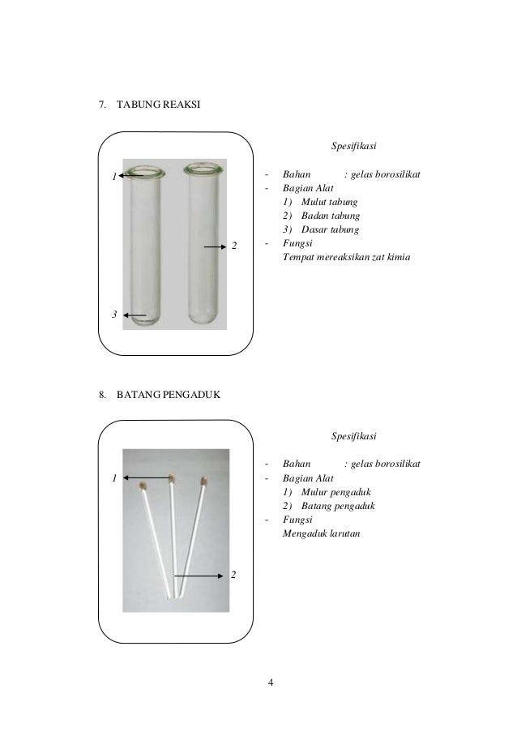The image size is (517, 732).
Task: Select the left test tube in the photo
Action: pyautogui.click(x=145, y=243)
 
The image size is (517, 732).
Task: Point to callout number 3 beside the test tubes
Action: pyautogui.click(x=115, y=314)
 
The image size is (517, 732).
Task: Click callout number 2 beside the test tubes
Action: pyautogui.click(x=234, y=245)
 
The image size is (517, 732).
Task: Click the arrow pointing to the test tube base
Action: pyautogui.click(x=136, y=315)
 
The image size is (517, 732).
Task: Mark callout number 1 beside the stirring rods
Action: pyautogui.click(x=115, y=478)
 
